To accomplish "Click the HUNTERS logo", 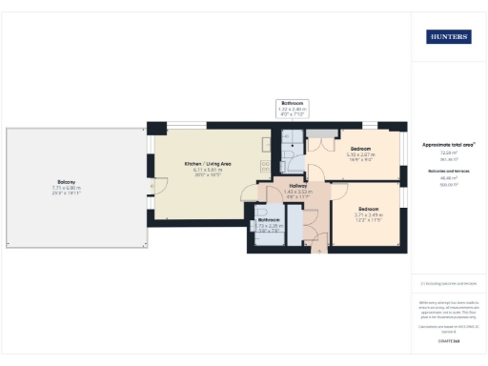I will click(448, 37).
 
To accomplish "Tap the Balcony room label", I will click(66, 182).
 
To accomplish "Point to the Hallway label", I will click(293, 187).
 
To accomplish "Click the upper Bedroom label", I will click(361, 149).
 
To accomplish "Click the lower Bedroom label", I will click(369, 209).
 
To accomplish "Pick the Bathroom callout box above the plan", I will click(292, 107).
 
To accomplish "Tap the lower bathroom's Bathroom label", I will click(269, 220).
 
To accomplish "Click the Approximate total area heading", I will click(448, 144).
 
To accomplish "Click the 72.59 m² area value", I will click(448, 152).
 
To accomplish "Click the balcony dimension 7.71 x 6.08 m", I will click(66, 188).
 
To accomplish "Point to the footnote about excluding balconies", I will click(448, 283).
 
